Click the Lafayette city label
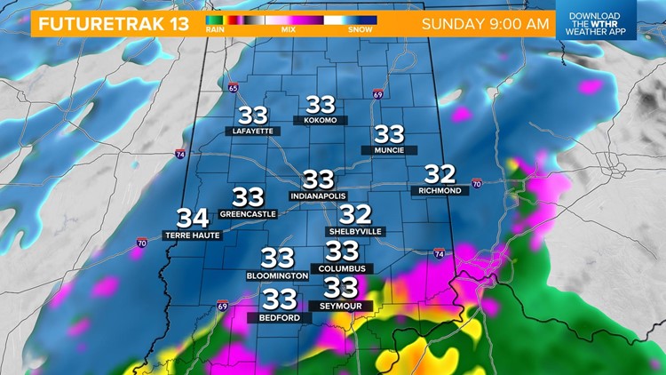252,131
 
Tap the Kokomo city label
320,120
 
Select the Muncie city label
389,150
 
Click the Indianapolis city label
317,195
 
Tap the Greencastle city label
248,213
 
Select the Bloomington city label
277,275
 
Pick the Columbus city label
343,267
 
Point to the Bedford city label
280,316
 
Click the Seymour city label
341,306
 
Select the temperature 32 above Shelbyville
355,214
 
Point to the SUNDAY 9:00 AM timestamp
484,23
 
